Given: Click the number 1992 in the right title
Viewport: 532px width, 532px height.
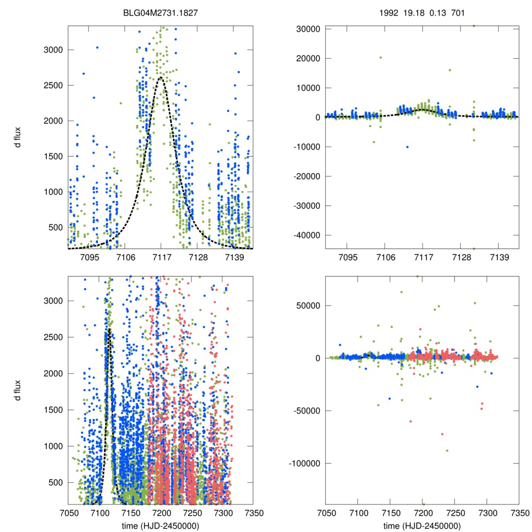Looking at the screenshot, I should [x=388, y=11].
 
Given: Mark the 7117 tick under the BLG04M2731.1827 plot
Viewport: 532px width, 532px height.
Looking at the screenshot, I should [x=161, y=257].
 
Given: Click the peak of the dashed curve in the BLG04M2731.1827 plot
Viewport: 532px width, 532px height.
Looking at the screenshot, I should [x=161, y=77].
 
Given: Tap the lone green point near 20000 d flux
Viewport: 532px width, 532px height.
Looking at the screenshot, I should [x=380, y=58].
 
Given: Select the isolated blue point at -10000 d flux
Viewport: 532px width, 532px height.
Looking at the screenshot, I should [x=407, y=147].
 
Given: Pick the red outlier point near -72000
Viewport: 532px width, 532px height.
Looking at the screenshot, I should [x=442, y=434].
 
